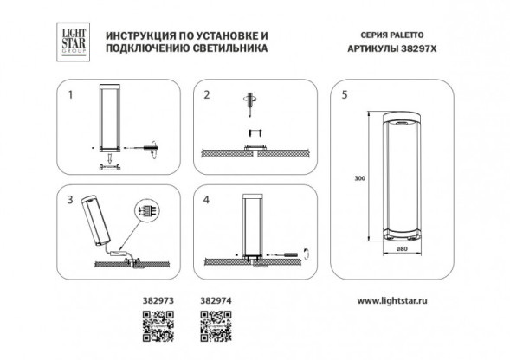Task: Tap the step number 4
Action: pos(205,198)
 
